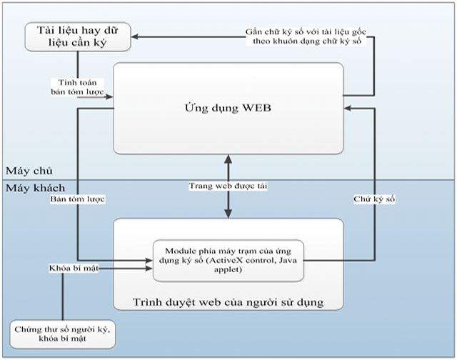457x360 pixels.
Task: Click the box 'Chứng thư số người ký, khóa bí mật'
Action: click(x=63, y=332)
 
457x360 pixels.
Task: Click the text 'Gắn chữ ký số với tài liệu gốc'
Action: click(x=302, y=32)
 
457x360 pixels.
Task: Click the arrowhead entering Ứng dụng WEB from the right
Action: click(x=348, y=108)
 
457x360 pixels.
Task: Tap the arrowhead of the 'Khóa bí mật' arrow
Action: click(x=149, y=269)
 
